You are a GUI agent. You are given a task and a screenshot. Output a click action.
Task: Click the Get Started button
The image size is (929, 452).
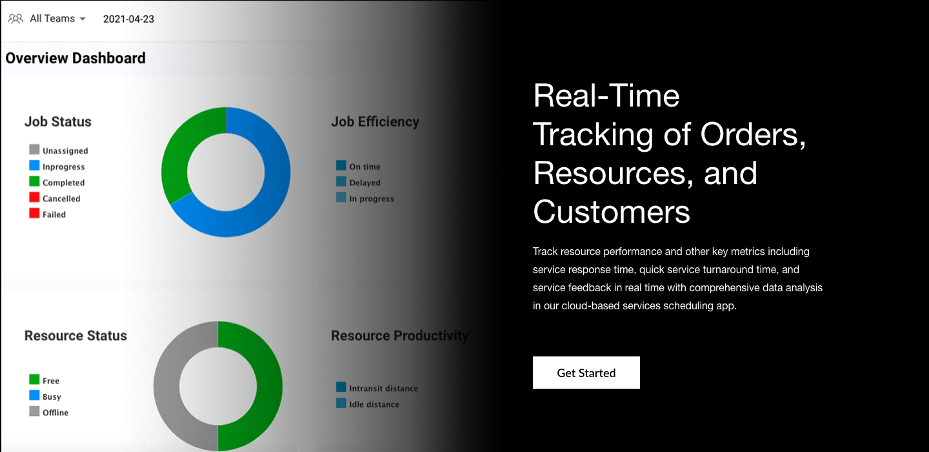pos(586,373)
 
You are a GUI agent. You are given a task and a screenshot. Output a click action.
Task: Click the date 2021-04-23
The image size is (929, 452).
pos(128,19)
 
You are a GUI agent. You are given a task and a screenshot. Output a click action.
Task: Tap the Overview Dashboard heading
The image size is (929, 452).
pos(75,58)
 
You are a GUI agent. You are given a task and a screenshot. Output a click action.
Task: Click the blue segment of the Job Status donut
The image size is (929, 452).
pos(271,187)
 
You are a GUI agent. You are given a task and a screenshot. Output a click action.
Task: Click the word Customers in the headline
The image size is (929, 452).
pos(612,211)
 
